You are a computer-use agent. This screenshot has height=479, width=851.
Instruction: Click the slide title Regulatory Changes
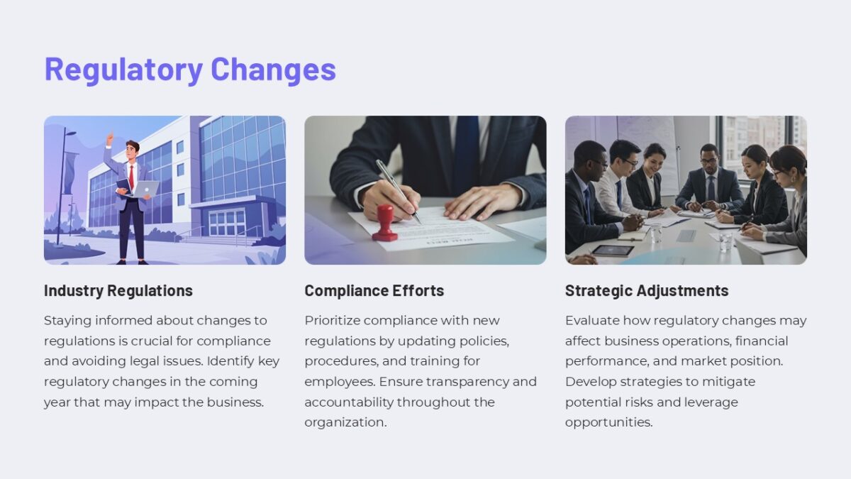(x=190, y=70)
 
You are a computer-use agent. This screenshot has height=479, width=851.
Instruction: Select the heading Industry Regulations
(x=118, y=290)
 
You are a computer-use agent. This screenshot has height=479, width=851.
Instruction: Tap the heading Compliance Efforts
(x=374, y=290)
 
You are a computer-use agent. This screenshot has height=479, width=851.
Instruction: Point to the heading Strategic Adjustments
(x=646, y=290)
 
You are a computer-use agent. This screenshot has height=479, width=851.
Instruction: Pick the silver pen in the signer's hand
(x=397, y=189)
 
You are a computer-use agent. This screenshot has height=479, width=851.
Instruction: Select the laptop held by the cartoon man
(x=146, y=188)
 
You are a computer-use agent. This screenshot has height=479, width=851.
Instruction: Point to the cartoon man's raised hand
(x=110, y=136)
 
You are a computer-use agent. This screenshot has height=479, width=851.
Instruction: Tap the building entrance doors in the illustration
(x=226, y=223)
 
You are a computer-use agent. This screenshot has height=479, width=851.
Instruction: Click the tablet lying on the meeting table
(x=612, y=250)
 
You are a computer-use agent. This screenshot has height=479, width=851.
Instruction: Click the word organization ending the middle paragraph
(x=345, y=422)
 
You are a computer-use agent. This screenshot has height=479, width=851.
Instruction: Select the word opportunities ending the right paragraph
(x=608, y=422)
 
